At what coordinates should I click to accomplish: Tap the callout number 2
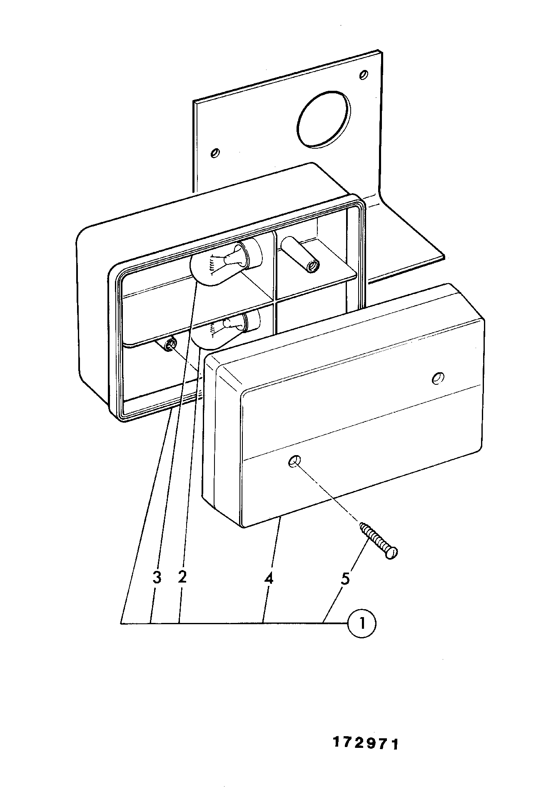pyautogui.click(x=182, y=577)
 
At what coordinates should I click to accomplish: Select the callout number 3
pyautogui.click(x=157, y=578)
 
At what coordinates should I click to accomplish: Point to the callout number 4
pyautogui.click(x=269, y=578)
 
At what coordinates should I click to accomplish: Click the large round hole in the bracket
pyautogui.click(x=324, y=119)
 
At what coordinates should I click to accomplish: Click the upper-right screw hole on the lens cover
pyautogui.click(x=438, y=378)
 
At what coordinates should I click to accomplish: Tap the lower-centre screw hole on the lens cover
pyautogui.click(x=294, y=461)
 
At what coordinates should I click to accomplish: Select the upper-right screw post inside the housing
pyautogui.click(x=300, y=255)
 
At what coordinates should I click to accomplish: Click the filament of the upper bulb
pyautogui.click(x=213, y=264)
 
